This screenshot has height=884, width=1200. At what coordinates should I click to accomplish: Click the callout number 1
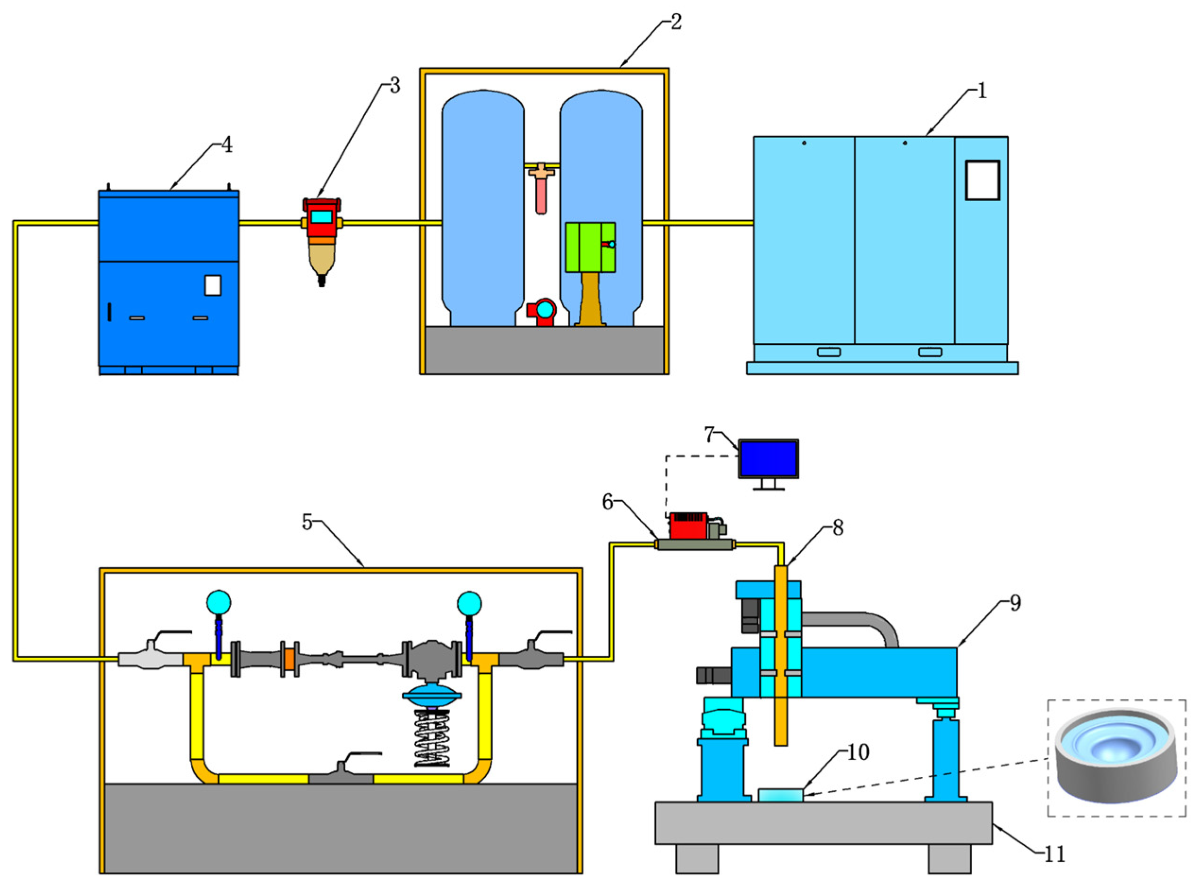point(981,92)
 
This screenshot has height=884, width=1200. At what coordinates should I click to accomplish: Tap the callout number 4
point(227,145)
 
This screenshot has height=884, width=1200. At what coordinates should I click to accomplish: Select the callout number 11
point(1054,855)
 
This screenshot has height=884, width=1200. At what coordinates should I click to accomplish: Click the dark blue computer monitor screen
point(768,459)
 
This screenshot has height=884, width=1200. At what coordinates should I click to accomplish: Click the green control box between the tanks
point(590,248)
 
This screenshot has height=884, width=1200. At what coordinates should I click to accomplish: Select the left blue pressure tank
point(482,209)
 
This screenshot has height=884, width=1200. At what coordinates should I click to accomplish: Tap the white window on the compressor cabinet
point(982,180)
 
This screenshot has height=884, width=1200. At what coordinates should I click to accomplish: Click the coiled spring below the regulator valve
point(432,738)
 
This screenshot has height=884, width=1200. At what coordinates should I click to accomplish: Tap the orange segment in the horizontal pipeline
point(290,659)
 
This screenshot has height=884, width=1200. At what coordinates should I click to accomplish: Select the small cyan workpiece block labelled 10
point(781,795)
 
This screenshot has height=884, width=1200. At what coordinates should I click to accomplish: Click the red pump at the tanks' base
point(542,312)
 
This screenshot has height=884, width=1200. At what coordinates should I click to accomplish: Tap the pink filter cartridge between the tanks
point(541,195)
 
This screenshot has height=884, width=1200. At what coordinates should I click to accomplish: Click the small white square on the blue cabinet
point(213,285)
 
